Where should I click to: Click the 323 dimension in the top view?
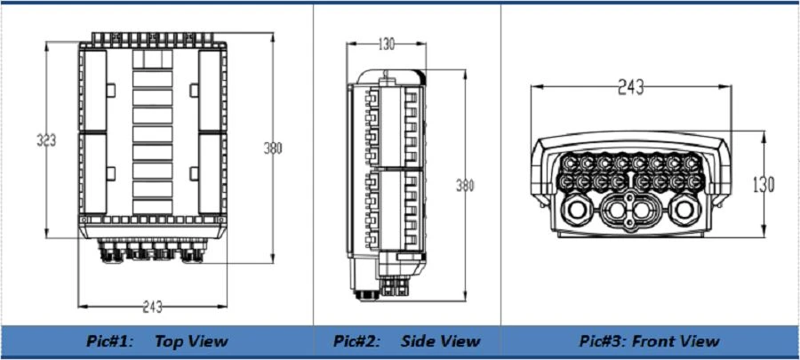click(x=46, y=140)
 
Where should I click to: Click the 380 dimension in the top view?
click(x=273, y=148)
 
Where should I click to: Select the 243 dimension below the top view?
click(x=153, y=307)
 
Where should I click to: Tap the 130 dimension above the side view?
click(x=387, y=44)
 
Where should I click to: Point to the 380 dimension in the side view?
click(x=465, y=186)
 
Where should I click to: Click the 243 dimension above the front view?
click(x=630, y=87)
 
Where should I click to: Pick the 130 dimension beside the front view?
click(x=764, y=185)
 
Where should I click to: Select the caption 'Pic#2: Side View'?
click(x=406, y=341)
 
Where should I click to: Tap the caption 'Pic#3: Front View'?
click(x=650, y=341)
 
